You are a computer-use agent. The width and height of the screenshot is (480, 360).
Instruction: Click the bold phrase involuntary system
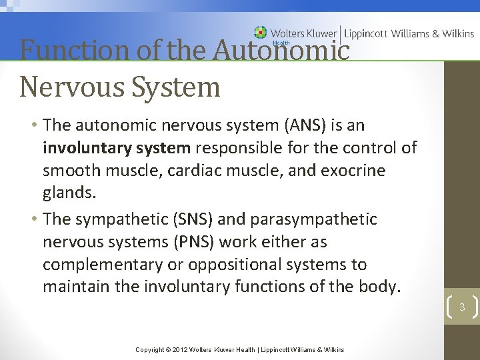pyautogui.click(x=117, y=148)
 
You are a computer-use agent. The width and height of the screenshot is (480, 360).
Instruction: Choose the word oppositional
pyautogui.click(x=231, y=265)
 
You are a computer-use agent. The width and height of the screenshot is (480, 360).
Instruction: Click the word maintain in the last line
pyautogui.click(x=73, y=287)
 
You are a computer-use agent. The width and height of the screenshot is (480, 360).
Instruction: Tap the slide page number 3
pyautogui.click(x=461, y=307)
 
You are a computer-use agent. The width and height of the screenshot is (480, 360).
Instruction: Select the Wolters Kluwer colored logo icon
pyautogui.click(x=260, y=32)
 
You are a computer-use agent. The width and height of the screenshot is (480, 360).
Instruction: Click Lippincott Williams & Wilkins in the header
pyautogui.click(x=409, y=33)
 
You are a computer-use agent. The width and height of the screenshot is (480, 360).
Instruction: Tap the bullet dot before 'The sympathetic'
pyautogui.click(x=33, y=219)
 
